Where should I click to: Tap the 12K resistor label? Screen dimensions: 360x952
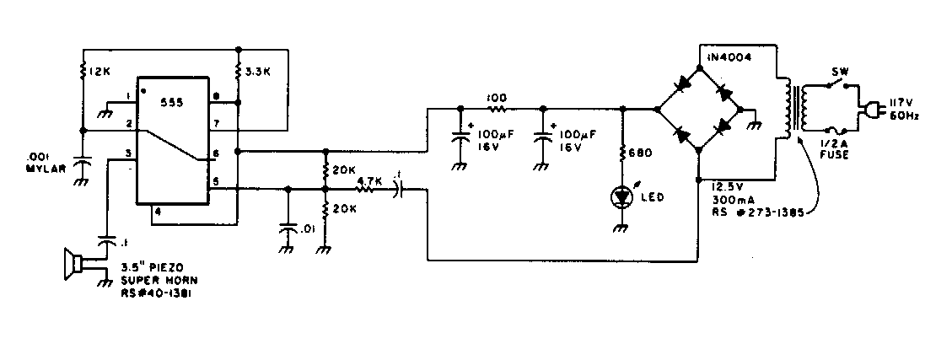point(100,73)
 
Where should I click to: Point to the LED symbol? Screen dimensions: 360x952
point(622,197)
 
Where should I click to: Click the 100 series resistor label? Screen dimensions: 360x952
point(496,98)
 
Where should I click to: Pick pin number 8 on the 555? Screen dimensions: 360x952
point(217,95)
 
